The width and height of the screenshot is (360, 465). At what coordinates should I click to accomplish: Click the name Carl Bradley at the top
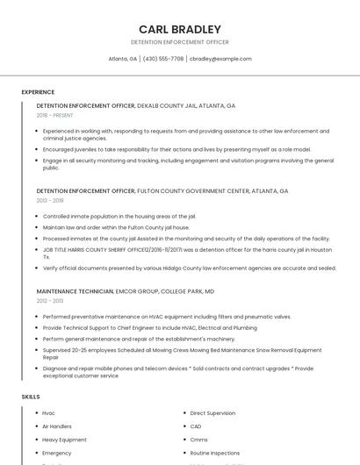(179, 29)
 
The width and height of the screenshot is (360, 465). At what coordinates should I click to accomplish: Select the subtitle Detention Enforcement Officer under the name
(179, 42)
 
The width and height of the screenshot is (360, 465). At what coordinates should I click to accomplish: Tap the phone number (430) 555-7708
(163, 59)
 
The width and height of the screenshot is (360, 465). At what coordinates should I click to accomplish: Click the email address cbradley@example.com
(220, 59)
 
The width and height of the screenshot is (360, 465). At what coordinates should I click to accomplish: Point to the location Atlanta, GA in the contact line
(122, 59)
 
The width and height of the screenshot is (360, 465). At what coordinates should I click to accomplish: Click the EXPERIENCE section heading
(38, 92)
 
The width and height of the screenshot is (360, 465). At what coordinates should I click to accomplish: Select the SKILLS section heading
(30, 397)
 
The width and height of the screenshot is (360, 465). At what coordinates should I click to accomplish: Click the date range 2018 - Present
(54, 115)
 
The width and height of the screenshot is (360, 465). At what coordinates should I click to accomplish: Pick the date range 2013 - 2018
(50, 200)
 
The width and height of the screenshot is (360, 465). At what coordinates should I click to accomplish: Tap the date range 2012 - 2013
(50, 301)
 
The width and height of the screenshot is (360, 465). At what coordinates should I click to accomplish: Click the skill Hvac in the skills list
(48, 412)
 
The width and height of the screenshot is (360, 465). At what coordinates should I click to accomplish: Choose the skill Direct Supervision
(212, 412)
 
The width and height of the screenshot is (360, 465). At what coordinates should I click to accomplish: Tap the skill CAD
(196, 426)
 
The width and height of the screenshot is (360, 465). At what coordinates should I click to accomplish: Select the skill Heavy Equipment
(64, 440)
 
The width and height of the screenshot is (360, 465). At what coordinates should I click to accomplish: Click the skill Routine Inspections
(214, 453)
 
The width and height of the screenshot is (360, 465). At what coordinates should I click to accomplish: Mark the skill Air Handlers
(58, 426)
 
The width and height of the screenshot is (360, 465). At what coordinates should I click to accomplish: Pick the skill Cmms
(198, 440)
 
